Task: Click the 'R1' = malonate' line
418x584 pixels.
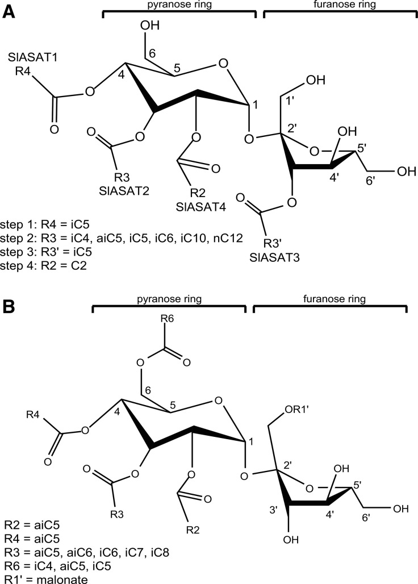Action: click(x=41, y=577)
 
